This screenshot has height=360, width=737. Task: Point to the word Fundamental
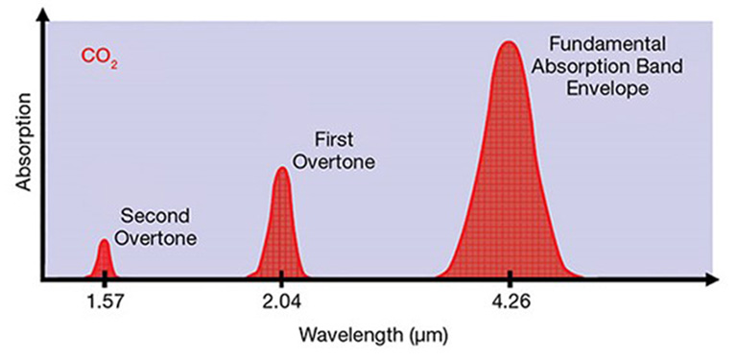[x=611, y=45]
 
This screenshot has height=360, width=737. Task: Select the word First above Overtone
[x=332, y=140]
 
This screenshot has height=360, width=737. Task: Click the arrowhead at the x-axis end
[x=712, y=280]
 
